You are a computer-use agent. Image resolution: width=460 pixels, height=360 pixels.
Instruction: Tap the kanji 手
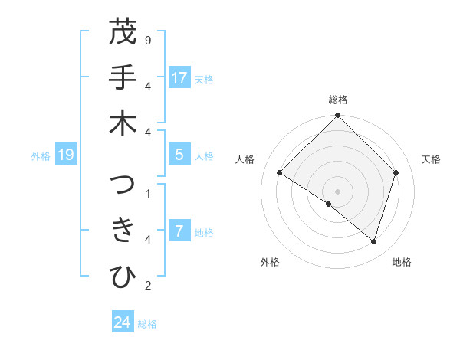(x=123, y=79)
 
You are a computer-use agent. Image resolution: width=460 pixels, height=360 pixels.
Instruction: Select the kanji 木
(x=123, y=124)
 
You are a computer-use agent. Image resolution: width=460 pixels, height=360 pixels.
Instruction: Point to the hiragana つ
(x=123, y=186)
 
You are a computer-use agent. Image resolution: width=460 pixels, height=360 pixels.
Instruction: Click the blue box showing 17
(x=179, y=78)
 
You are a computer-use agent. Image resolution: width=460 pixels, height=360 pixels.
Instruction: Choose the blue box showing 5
(x=179, y=155)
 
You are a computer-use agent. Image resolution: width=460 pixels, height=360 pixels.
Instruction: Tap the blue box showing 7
(x=179, y=231)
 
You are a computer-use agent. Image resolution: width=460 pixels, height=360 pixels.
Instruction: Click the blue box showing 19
(x=66, y=155)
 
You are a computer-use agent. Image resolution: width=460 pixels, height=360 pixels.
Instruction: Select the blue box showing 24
(x=123, y=322)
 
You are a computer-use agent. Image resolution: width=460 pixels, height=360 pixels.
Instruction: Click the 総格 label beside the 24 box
(x=148, y=324)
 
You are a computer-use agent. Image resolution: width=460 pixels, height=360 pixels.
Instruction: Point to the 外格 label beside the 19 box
(x=41, y=156)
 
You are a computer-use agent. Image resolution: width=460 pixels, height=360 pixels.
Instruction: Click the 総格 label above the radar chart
(x=338, y=100)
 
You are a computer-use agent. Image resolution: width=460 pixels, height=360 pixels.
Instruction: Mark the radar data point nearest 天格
(x=396, y=173)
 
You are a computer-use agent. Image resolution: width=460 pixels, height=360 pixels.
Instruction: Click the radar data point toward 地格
(x=373, y=242)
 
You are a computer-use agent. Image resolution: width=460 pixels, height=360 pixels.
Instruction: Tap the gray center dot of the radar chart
(x=338, y=191)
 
